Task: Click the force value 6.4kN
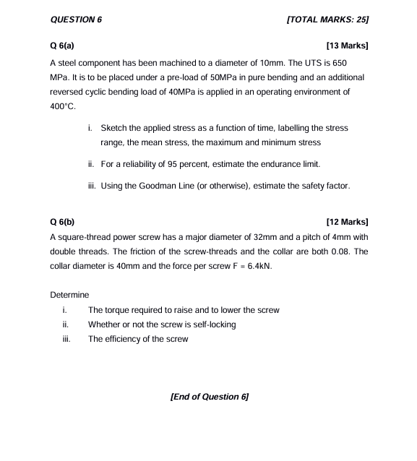pos(262,266)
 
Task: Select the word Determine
pos(69,295)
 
